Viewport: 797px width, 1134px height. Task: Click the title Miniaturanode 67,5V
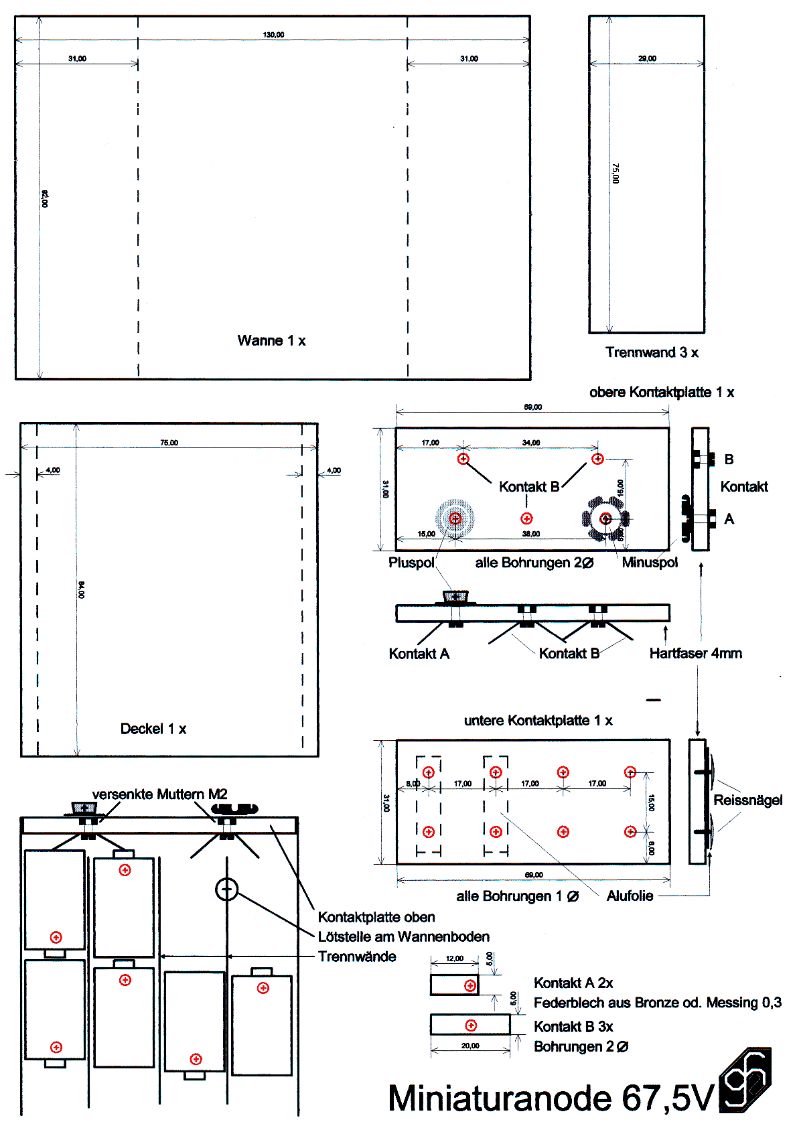click(x=551, y=1098)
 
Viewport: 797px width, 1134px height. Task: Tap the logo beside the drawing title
click(x=746, y=1080)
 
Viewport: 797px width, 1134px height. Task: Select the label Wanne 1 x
click(x=271, y=341)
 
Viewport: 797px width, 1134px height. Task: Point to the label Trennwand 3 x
click(x=652, y=352)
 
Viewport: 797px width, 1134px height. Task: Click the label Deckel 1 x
click(x=153, y=729)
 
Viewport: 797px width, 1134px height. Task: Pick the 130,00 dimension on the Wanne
click(x=273, y=35)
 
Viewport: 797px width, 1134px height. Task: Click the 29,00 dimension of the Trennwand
click(x=647, y=59)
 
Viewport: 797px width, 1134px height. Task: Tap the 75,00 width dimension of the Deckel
click(x=169, y=443)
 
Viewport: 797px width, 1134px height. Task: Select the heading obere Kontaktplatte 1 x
click(x=662, y=393)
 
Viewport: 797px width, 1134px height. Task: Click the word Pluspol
click(x=411, y=563)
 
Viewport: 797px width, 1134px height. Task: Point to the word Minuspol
click(x=650, y=563)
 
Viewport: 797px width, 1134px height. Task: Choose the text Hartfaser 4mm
click(x=695, y=653)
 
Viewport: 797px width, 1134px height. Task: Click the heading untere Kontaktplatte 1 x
click(x=538, y=721)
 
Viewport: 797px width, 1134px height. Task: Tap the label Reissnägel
click(x=747, y=800)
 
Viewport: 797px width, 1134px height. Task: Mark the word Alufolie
click(x=630, y=896)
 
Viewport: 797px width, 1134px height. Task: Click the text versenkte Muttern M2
click(x=159, y=794)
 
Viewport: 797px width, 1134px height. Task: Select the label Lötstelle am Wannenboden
click(x=403, y=936)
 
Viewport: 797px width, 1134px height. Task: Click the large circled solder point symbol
click(x=227, y=890)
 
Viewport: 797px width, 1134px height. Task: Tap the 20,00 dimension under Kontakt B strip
click(x=470, y=1046)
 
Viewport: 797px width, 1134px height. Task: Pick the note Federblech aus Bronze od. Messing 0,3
click(x=657, y=1003)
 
